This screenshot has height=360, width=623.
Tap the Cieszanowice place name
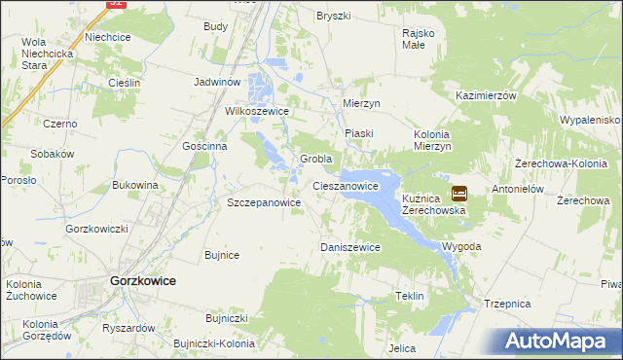click(345, 185)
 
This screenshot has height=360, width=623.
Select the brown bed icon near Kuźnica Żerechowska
click(459, 193)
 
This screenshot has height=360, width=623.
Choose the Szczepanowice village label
click(264, 202)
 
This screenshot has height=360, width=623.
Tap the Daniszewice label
click(350, 247)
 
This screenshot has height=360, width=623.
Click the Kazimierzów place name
click(485, 95)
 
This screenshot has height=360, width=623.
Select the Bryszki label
click(333, 16)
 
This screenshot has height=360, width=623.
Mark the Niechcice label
click(108, 37)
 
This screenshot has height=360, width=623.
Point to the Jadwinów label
click(217, 83)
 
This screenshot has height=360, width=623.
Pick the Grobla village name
click(316, 159)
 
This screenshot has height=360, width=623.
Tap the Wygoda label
click(461, 247)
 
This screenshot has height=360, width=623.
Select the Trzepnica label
click(504, 303)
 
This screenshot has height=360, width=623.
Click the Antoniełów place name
click(516, 189)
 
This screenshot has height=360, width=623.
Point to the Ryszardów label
click(128, 328)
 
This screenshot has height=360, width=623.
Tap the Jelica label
click(402, 348)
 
